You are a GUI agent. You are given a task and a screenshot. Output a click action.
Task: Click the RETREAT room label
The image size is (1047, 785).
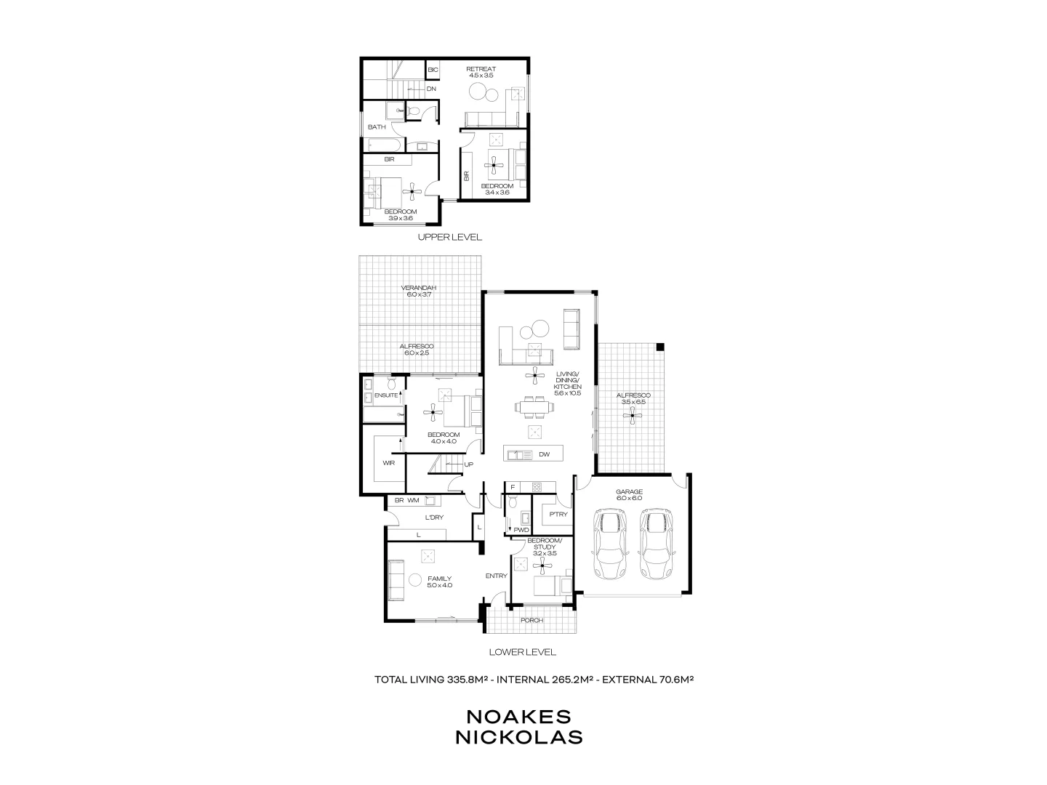pyautogui.click(x=481, y=69)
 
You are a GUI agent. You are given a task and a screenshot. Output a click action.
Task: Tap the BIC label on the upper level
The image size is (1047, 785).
pyautogui.click(x=433, y=70)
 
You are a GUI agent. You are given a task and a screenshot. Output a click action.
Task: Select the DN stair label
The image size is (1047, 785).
pyautogui.click(x=431, y=89)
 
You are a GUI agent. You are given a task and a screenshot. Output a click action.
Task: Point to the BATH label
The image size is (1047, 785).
pyautogui.click(x=377, y=127)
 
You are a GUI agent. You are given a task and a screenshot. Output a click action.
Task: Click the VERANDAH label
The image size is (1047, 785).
pyautogui.click(x=419, y=288)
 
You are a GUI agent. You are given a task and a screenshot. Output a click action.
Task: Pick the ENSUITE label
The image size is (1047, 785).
pyautogui.click(x=385, y=395)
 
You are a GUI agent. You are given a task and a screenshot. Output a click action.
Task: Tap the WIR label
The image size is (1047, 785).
pyautogui.click(x=388, y=463)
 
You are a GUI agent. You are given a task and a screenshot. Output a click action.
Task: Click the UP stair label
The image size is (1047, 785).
pyautogui.click(x=468, y=464)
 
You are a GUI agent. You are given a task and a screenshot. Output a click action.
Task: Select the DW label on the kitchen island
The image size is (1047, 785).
pyautogui.click(x=544, y=455)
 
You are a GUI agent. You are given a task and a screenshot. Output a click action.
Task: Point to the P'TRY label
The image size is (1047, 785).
pyautogui.click(x=558, y=515)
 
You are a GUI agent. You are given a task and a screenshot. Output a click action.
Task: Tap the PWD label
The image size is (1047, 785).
pyautogui.click(x=521, y=530)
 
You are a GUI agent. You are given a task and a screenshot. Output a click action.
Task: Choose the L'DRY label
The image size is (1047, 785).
pyautogui.click(x=435, y=518)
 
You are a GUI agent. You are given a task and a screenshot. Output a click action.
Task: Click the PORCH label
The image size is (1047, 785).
pyautogui.click(x=531, y=620)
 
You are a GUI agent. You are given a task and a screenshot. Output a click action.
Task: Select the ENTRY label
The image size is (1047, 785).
pyautogui.click(x=496, y=576)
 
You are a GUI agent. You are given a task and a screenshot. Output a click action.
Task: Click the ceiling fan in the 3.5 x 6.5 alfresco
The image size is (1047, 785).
pyautogui.click(x=634, y=415)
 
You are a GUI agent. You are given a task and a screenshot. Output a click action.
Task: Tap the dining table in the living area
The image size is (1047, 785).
pyautogui.click(x=535, y=407)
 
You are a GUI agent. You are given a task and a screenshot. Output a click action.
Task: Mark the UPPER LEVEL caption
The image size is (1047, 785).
pyautogui.click(x=449, y=238)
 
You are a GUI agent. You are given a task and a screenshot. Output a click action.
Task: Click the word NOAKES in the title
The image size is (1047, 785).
pyautogui.click(x=518, y=716)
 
